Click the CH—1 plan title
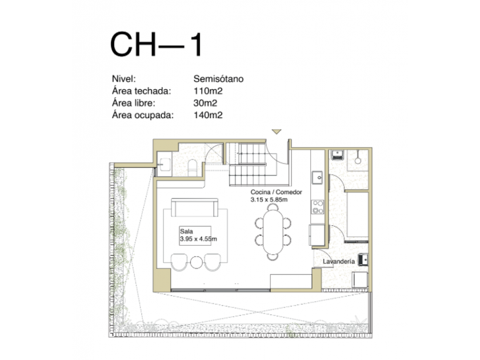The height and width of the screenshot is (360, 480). (x=156, y=45)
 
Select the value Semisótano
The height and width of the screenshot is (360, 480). (x=218, y=79)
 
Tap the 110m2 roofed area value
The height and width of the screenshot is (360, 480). (x=208, y=91)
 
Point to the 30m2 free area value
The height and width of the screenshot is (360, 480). (x=205, y=103)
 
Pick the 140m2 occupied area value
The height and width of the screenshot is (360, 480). (x=208, y=115)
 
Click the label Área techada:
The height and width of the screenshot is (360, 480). (x=142, y=91)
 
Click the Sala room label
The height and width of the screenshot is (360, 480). (x=186, y=231)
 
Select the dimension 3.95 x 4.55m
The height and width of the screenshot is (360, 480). (x=198, y=239)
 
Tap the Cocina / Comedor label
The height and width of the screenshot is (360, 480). (x=276, y=192)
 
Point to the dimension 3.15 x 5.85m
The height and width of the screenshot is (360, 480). (x=269, y=200)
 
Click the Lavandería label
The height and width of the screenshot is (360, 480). (x=339, y=262)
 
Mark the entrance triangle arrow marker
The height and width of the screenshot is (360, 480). (x=277, y=131)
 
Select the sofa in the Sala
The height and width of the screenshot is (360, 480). (x=195, y=207)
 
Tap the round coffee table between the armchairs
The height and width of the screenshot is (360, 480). (x=196, y=262)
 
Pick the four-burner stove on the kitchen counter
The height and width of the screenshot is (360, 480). (x=318, y=207)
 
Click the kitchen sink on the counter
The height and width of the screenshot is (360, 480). (x=317, y=178)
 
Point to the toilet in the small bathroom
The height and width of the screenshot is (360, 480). (x=193, y=167)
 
